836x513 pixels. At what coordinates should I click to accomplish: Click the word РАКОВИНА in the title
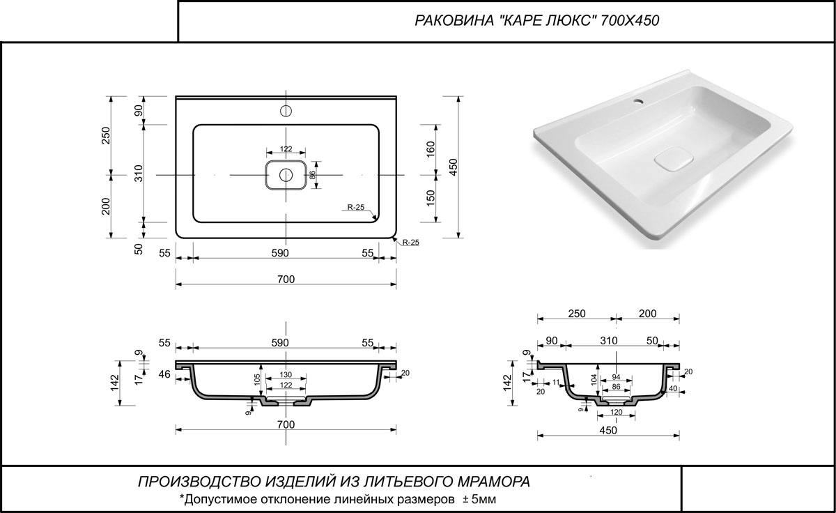coord(454,20)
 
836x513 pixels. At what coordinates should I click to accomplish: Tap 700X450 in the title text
coord(630,20)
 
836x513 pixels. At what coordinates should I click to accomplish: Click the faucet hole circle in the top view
coord(286,111)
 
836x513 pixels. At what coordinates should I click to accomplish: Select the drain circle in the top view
coord(286,175)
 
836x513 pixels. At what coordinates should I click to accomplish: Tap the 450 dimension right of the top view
coord(453,167)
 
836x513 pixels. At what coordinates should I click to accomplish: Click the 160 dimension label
coord(431,149)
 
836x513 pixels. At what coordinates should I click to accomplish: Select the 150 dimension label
coord(431,198)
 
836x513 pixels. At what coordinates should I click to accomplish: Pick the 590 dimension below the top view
coord(280,253)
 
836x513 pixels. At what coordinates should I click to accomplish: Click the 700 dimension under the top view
coord(286,280)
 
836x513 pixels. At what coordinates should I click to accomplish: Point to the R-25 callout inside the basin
coord(356,207)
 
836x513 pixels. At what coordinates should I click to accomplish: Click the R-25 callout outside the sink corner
coord(410,243)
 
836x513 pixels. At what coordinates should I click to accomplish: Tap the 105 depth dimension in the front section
coord(257,380)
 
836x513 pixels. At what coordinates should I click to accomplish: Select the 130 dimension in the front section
coord(286,375)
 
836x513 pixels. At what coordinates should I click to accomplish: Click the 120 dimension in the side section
coord(616,412)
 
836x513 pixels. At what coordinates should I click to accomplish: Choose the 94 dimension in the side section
coord(616,377)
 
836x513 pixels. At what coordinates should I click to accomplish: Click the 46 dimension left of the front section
coord(164,374)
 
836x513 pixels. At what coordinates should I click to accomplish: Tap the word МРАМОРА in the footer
coord(494,482)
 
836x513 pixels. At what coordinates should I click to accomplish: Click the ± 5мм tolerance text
coord(479,499)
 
